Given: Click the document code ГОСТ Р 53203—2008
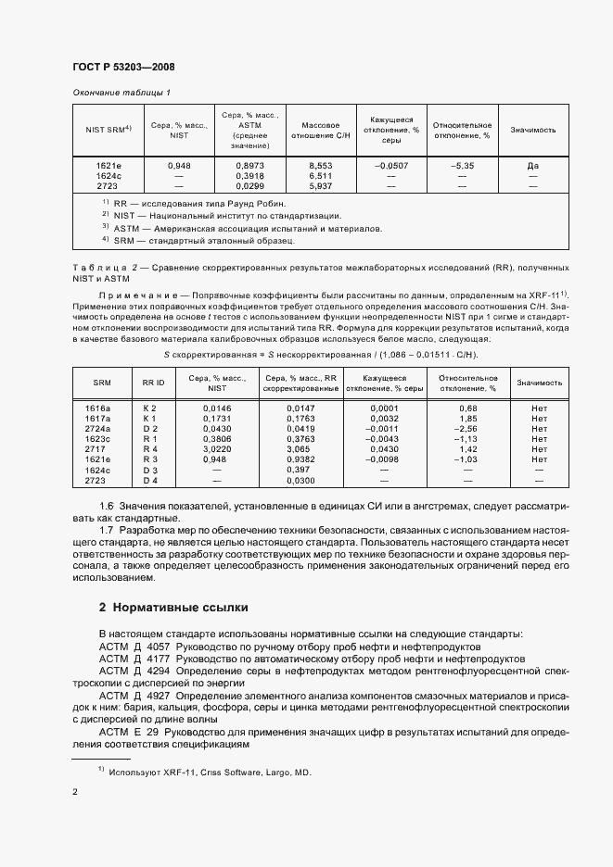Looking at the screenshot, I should [x=123, y=67].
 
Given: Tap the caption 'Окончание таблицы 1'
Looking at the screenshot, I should [x=121, y=93].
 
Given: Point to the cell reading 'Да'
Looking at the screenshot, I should [x=531, y=165].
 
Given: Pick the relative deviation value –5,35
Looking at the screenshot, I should [x=463, y=165].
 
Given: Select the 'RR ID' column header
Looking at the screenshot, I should [x=153, y=383].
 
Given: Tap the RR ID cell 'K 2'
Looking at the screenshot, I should [x=150, y=408].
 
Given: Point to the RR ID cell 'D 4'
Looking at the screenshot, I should [x=150, y=481].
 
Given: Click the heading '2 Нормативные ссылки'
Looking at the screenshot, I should [x=173, y=608].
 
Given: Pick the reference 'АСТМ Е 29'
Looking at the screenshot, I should [x=131, y=731].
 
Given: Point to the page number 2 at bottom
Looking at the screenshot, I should [x=75, y=792].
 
